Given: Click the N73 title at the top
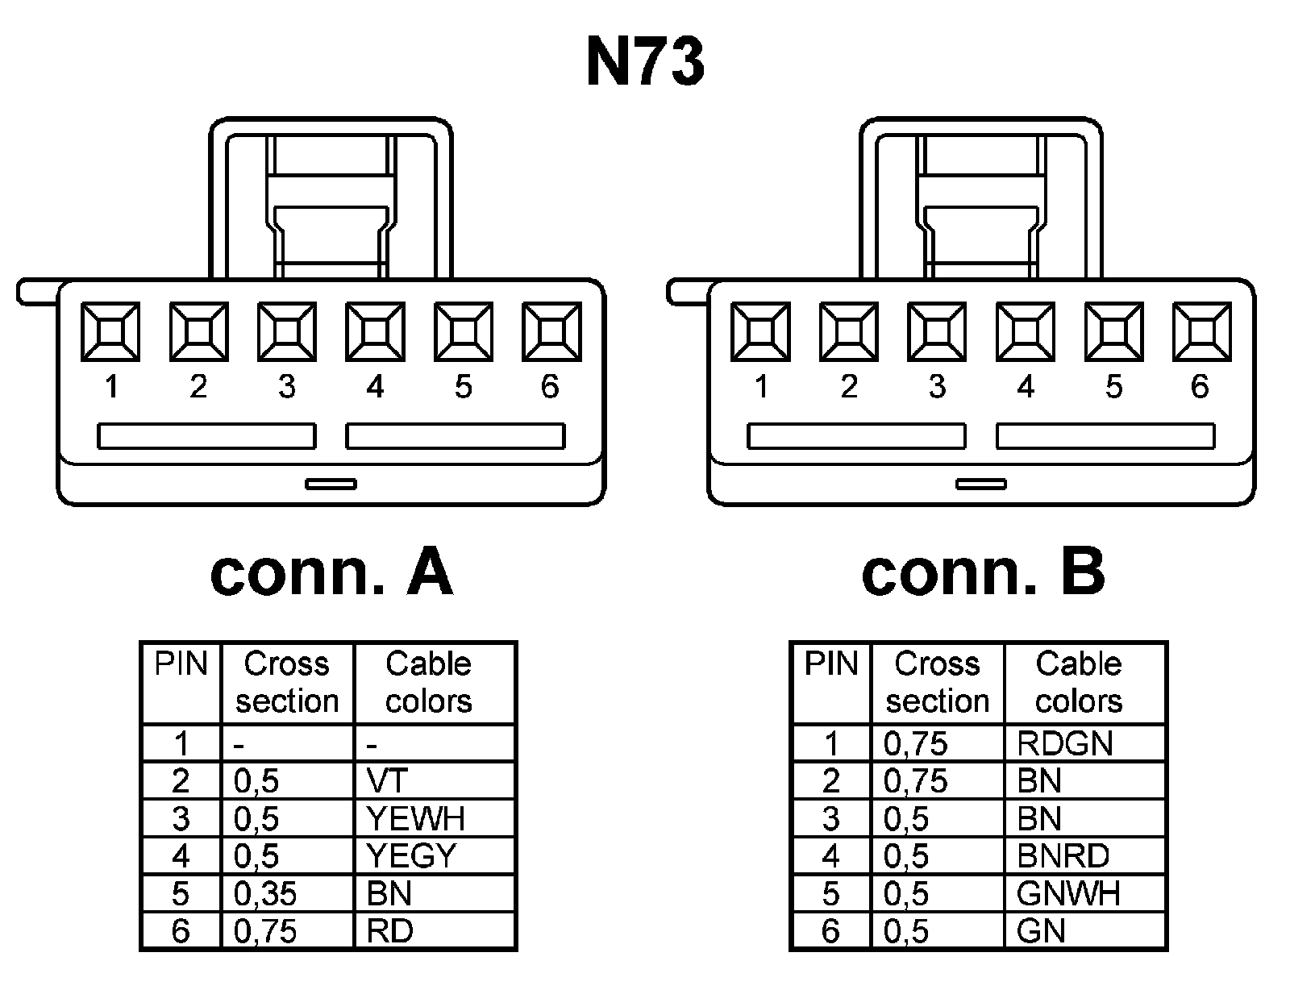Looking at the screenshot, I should [x=645, y=63].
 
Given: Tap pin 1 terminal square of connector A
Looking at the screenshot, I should [x=110, y=331].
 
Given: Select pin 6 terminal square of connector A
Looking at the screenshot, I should [x=551, y=331].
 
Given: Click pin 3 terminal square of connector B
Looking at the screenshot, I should [x=937, y=331].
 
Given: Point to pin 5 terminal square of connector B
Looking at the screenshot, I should [x=1113, y=331].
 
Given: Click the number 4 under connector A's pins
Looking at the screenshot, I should [x=375, y=387].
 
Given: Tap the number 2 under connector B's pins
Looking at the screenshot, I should [x=848, y=387].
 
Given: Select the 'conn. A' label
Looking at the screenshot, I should [x=331, y=573].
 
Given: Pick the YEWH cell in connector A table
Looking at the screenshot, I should [x=416, y=818].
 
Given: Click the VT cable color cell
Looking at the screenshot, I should [x=388, y=780].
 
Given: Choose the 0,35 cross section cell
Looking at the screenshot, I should [x=265, y=893].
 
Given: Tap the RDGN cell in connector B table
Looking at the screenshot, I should [x=1064, y=743].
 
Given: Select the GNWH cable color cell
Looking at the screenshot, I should [x=1068, y=893].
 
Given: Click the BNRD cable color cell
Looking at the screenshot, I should [x=1063, y=855].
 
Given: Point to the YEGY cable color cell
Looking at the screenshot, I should [x=412, y=855].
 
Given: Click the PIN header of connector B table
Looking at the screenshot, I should [x=831, y=664].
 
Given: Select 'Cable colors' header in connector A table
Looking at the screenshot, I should [x=428, y=682].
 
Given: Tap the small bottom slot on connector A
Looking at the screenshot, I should [x=331, y=484].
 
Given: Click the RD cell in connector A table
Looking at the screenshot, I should [x=390, y=931].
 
